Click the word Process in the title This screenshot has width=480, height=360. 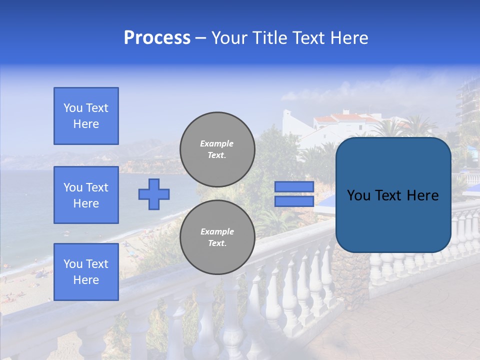coord(157,38)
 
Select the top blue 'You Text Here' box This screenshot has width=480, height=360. coord(86,116)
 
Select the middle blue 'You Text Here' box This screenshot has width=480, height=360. coord(86,195)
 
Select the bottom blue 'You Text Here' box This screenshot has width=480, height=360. coord(86,272)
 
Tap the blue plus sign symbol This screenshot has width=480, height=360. coord(154,194)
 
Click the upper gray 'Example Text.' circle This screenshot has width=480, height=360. coord(217,149)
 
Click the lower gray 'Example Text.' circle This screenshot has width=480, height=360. coord(217,237)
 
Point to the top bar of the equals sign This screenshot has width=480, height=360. coord(294,186)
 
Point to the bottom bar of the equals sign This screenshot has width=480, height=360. coord(294,201)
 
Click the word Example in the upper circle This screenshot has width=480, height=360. coord(217,143)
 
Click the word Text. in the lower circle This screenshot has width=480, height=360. coord(217,243)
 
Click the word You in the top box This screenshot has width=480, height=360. coord(72,108)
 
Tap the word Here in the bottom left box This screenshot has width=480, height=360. coord(86,280)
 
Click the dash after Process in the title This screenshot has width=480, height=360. coord(200,38)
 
